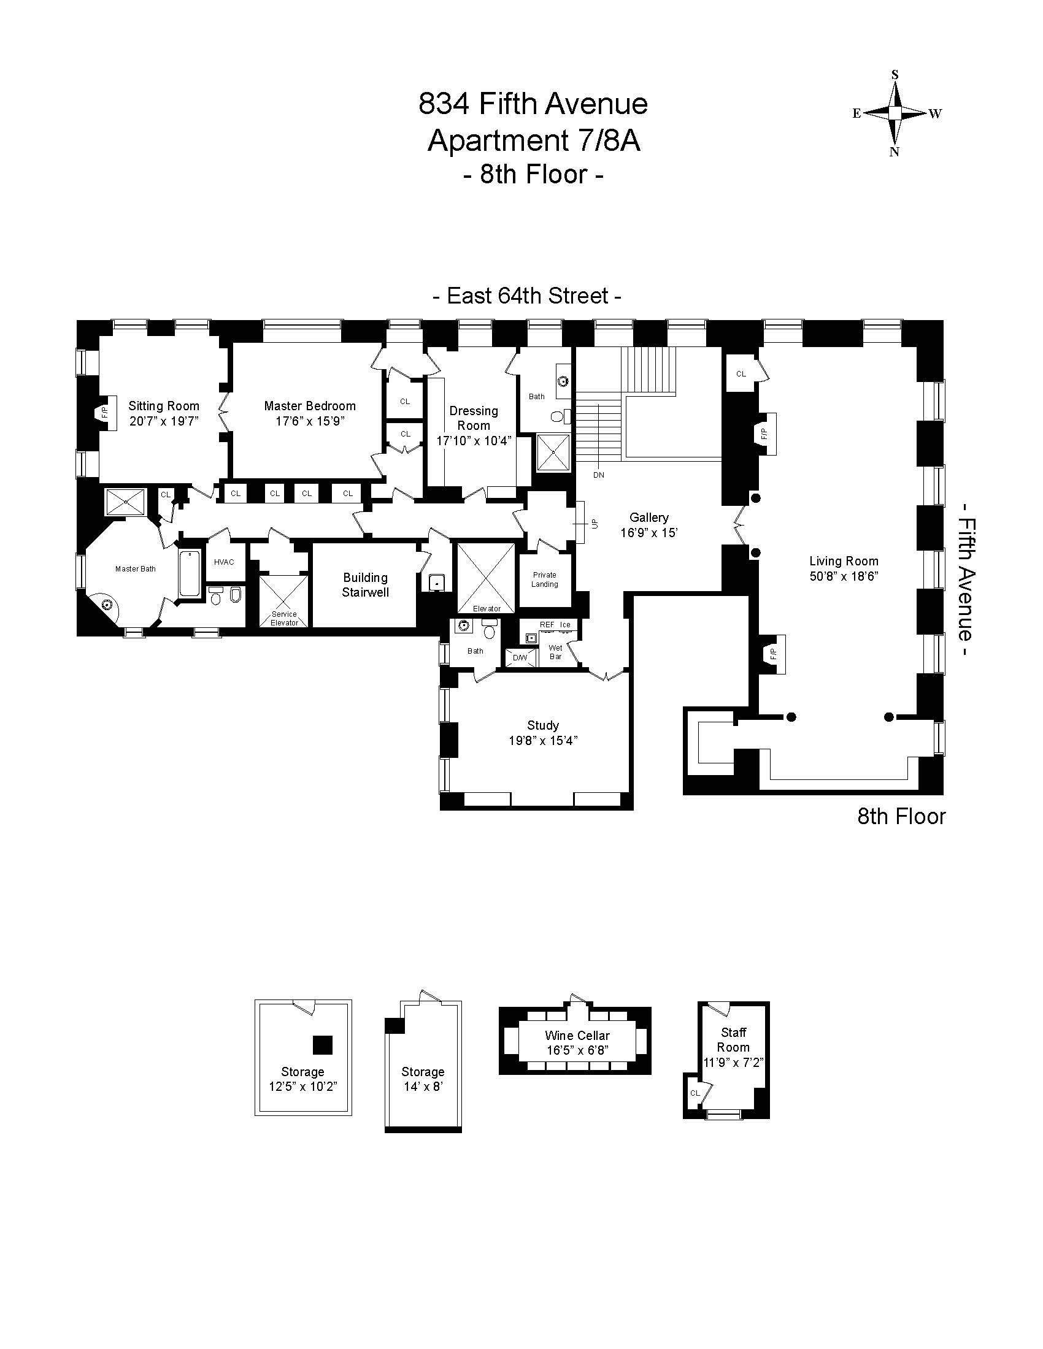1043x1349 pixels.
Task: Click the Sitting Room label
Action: [164, 406]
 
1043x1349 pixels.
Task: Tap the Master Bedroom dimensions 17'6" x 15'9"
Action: [310, 421]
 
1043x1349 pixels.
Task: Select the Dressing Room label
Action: [474, 418]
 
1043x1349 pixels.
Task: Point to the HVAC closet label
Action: [224, 562]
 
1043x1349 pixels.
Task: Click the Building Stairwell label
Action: [365, 585]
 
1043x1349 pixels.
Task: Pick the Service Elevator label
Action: [284, 618]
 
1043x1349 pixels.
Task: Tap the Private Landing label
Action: [544, 579]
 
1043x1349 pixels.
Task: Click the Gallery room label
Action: [649, 518]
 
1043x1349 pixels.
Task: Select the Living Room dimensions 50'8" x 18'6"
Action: [844, 576]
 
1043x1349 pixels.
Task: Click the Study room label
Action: [543, 725]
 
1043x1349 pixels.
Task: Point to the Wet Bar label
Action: [555, 652]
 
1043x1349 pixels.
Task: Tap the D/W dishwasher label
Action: [520, 658]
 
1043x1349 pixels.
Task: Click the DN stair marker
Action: [598, 475]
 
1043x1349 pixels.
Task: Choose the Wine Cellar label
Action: [577, 1035]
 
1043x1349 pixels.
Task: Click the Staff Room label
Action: [733, 1039]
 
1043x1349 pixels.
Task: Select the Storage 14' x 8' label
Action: [423, 1079]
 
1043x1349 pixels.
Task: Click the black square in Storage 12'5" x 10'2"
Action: [323, 1044]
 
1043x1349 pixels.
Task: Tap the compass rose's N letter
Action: [894, 152]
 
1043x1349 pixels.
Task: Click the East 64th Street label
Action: [527, 296]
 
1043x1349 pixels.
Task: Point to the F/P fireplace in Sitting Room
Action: [104, 412]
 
